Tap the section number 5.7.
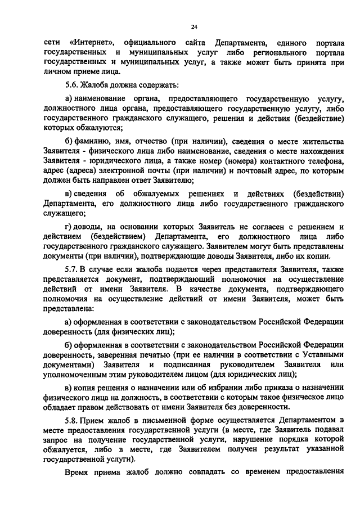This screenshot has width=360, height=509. click(72, 271)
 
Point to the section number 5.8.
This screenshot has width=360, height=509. click(72, 419)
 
